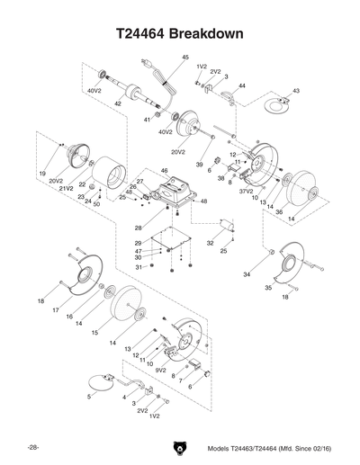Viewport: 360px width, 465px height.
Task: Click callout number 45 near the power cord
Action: click(185, 58)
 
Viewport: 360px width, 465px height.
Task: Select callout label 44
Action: click(242, 85)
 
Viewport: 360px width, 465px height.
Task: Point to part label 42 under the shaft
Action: click(118, 104)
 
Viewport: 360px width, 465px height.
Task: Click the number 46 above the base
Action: click(164, 171)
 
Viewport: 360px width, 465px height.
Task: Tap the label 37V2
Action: click(246, 192)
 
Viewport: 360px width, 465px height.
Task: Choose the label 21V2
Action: click(66, 189)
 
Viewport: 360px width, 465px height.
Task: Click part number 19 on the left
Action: click(42, 172)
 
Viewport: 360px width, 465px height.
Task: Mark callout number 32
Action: click(209, 243)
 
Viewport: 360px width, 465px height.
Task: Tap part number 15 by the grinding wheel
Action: click(93, 332)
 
